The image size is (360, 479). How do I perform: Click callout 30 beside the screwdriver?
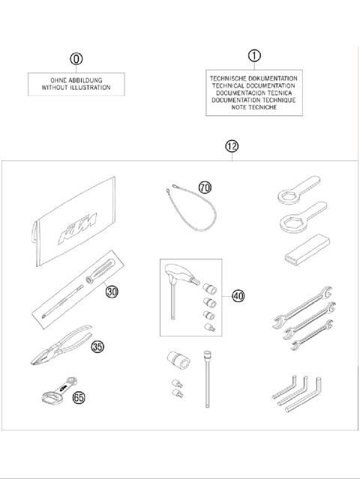112,292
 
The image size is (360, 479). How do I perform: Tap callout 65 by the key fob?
79,397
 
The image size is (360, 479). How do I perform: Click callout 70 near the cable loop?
205,187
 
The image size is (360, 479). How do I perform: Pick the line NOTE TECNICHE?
253,107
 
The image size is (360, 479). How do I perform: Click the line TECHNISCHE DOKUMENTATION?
253,78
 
